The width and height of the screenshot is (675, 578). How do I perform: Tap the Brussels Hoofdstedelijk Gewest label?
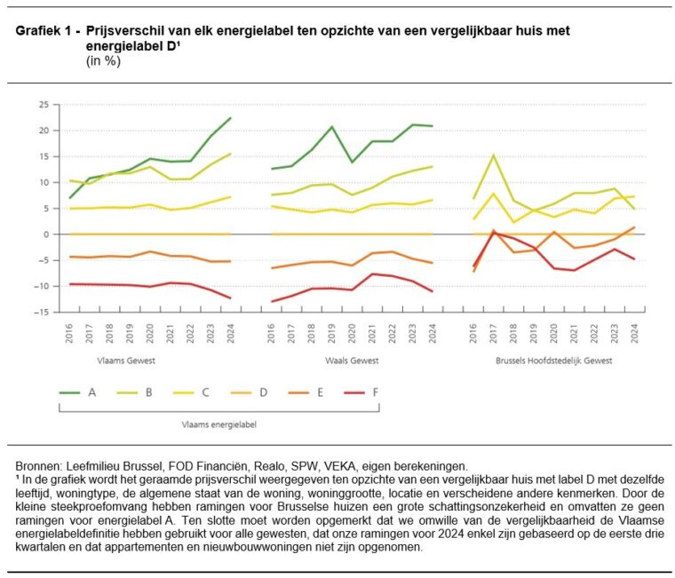coord(556,361)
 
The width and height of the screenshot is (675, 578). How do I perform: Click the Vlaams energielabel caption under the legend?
coord(219,424)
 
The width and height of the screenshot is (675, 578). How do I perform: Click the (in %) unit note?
coord(103,61)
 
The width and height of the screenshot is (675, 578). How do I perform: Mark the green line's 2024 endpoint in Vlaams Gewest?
coord(231,118)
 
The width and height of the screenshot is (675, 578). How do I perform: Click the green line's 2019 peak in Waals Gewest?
coord(332,127)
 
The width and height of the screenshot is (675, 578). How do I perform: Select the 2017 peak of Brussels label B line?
coord(494,155)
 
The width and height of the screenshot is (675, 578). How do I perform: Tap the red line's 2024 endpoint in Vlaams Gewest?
coord(231,298)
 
